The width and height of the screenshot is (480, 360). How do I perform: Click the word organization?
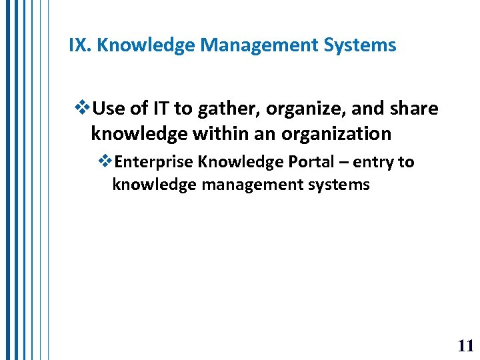(x=336, y=134)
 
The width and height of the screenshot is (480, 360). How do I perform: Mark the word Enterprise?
(x=154, y=163)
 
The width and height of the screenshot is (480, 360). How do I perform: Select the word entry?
(x=375, y=163)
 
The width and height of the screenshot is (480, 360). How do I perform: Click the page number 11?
(x=465, y=345)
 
